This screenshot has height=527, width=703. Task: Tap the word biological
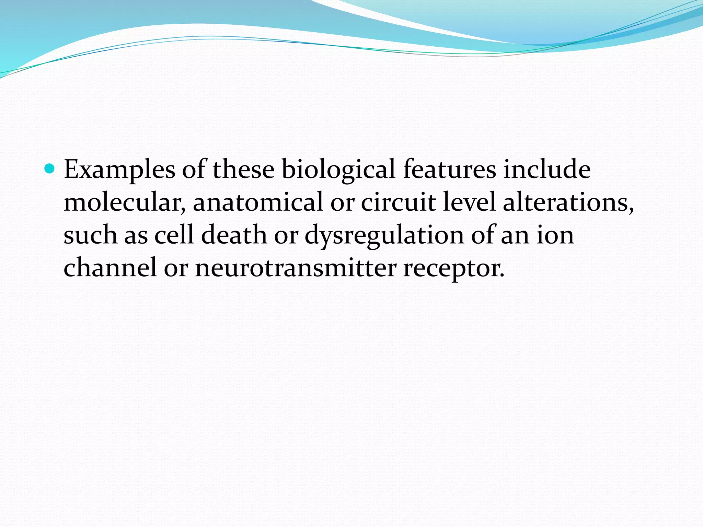338,170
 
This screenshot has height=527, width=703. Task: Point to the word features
449,169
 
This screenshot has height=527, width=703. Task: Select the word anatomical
258,202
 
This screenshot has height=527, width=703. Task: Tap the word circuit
398,202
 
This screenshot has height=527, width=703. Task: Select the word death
234,235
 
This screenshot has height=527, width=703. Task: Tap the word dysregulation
384,236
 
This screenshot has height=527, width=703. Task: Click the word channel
110,268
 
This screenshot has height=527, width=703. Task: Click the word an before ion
515,236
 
